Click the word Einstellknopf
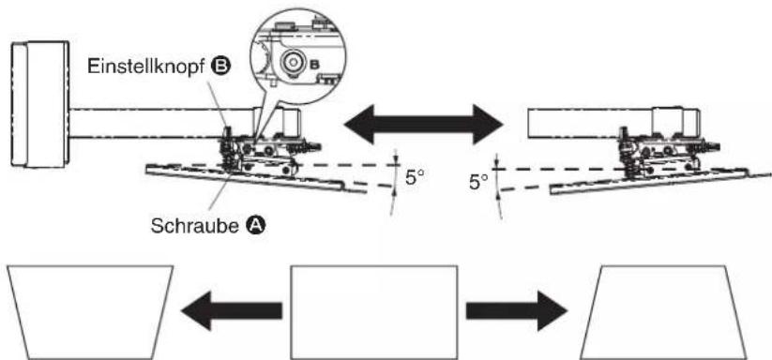(145, 66)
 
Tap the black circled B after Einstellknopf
(221, 66)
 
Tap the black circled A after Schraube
(255, 226)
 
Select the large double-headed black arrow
(423, 124)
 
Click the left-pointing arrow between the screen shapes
(232, 310)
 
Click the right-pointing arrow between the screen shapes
(517, 310)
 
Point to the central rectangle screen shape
(374, 312)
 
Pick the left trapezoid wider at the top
(90, 312)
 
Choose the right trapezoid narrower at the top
(663, 312)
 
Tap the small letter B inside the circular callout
(315, 65)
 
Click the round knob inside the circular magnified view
(293, 63)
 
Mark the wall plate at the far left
(40, 105)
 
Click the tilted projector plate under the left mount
(256, 178)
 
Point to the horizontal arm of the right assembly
(613, 123)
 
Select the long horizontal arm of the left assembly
(185, 123)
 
